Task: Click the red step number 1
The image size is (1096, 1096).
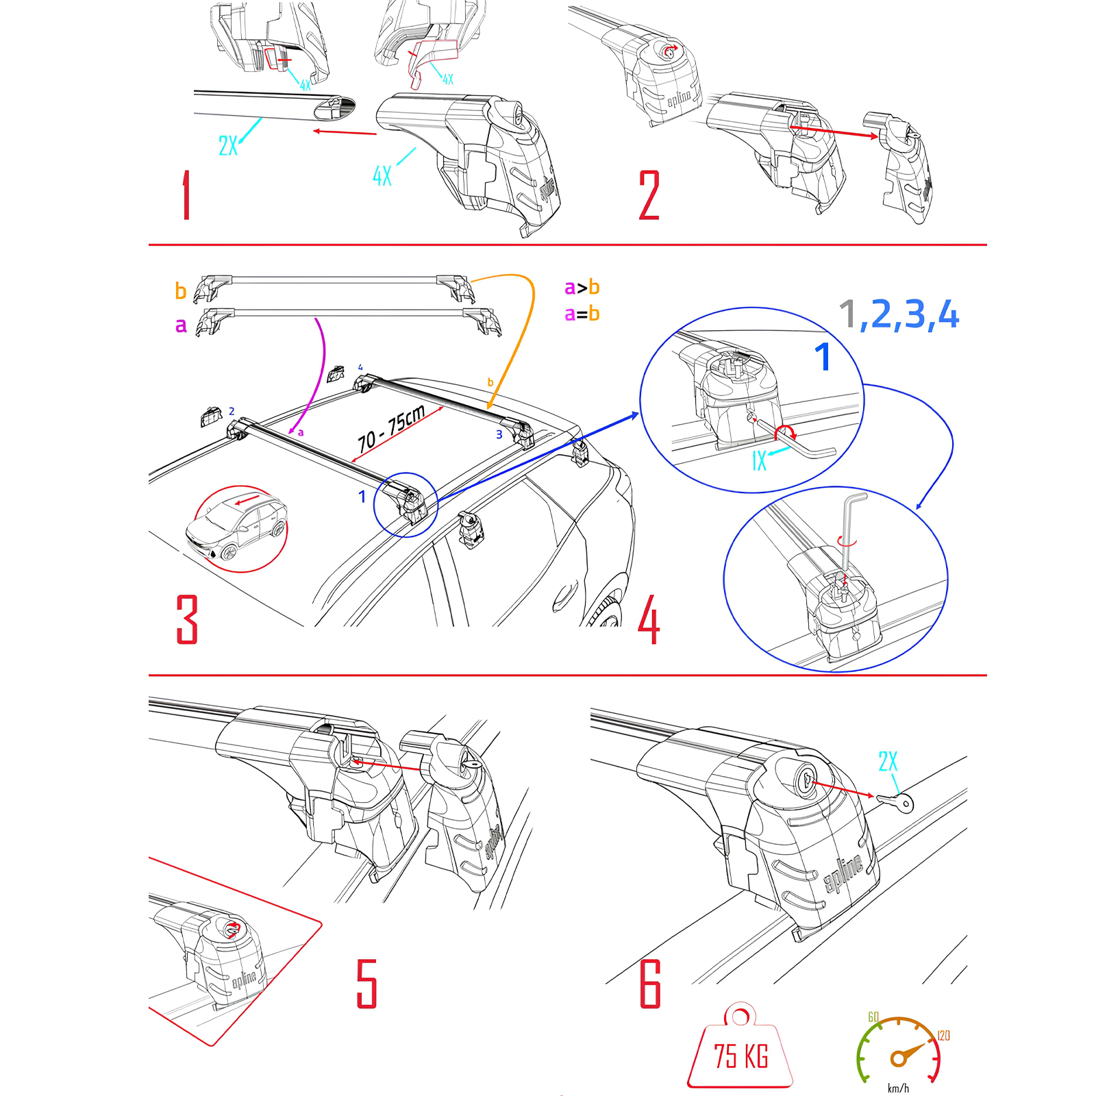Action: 186,196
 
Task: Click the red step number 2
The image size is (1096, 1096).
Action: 649,196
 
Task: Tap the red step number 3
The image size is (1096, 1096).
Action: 187,619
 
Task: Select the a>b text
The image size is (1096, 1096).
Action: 582,288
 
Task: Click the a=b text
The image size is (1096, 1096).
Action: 582,314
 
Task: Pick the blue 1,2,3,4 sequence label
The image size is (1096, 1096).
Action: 899,315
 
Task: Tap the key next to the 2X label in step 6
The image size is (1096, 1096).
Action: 895,801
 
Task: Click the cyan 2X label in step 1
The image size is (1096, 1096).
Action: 228,146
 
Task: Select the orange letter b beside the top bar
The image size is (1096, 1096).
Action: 181,291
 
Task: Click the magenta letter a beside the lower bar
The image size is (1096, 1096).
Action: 181,325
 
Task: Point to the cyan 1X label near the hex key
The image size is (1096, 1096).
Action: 759,461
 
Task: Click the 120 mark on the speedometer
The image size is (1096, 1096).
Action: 943,1036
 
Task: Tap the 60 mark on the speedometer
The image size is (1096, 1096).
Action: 873,1017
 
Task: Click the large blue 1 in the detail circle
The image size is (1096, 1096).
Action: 823,357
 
